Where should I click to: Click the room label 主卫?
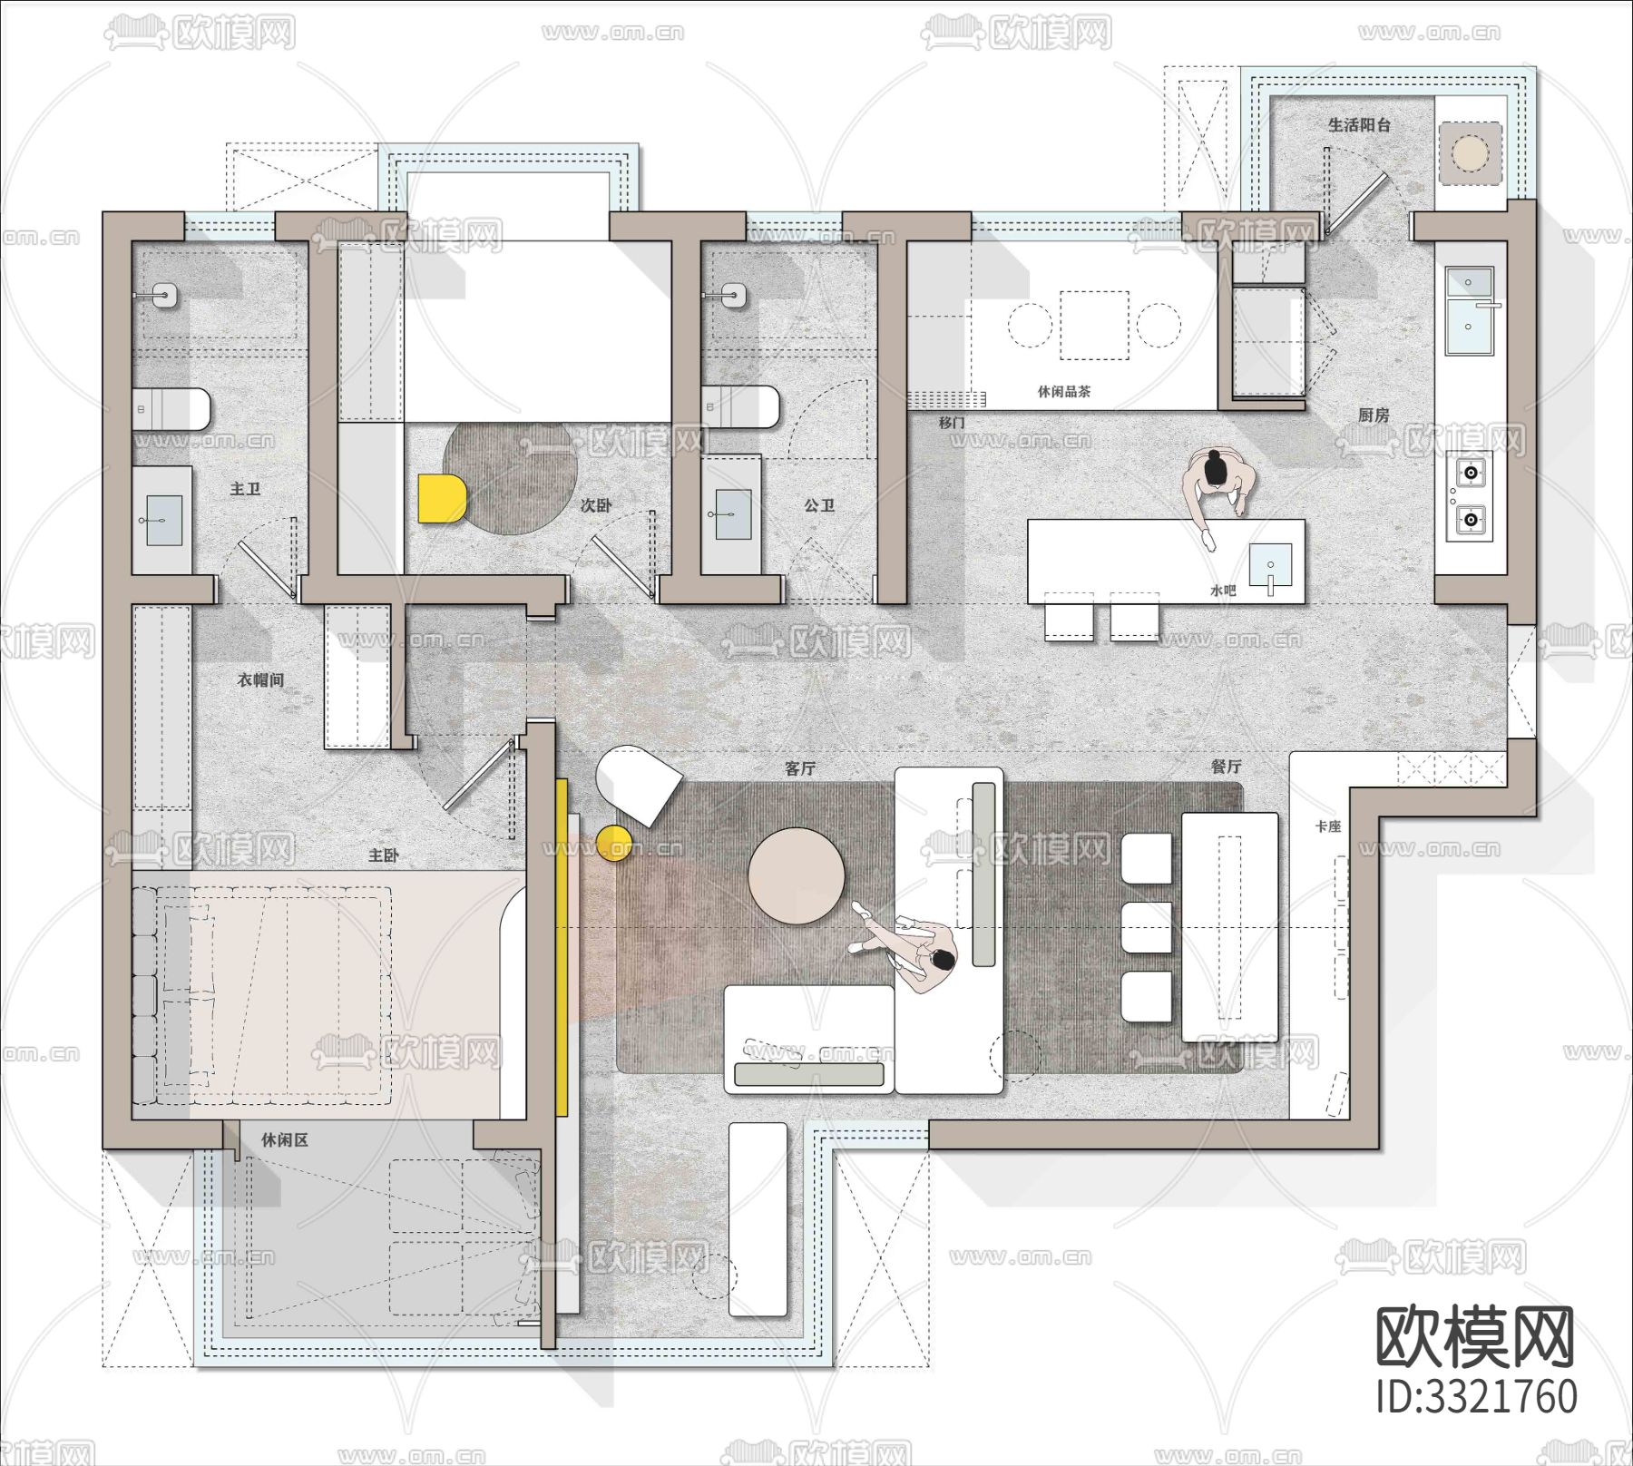245,489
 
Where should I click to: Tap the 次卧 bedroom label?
596,505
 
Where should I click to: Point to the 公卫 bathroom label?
819,504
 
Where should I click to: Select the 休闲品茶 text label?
1064,392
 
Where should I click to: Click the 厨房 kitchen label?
1374,415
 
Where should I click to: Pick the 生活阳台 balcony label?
1359,125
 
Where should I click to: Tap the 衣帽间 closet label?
261,679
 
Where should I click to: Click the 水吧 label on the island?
1223,591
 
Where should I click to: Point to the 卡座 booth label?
1328,826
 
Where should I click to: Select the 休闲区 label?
285,1139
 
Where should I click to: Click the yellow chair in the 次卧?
442,499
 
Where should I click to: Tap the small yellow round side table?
614,843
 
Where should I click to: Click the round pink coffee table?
797,875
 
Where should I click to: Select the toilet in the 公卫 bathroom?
740,407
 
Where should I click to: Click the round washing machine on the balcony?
1470,151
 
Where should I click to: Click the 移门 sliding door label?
952,423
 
